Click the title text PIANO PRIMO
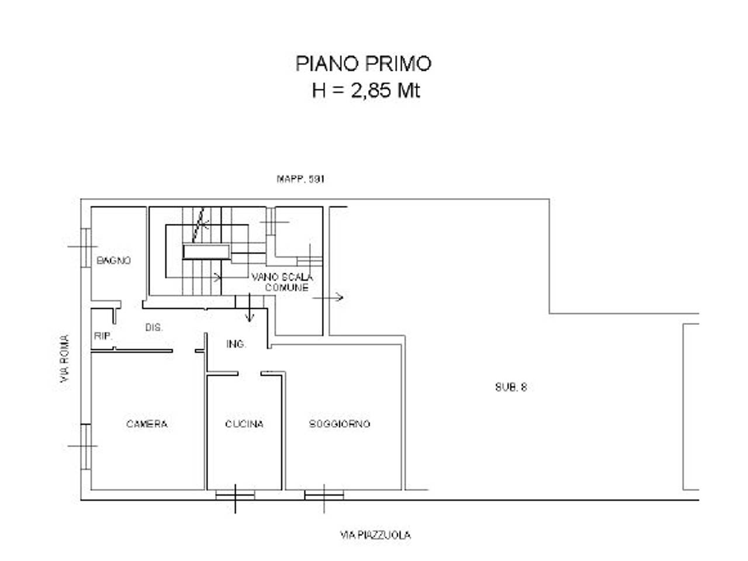(363, 63)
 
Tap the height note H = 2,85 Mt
(366, 91)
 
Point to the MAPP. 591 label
(300, 179)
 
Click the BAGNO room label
(114, 261)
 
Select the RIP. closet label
(102, 336)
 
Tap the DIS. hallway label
(154, 328)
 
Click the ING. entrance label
(236, 344)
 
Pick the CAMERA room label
(147, 424)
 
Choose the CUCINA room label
(244, 424)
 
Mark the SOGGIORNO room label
(340, 424)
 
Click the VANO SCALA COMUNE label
(283, 282)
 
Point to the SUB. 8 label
(511, 387)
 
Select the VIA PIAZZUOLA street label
(375, 535)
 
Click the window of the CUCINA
(236, 496)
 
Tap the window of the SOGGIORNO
(324, 496)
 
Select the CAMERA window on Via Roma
(85, 446)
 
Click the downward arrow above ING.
(250, 309)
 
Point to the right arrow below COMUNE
(329, 297)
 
